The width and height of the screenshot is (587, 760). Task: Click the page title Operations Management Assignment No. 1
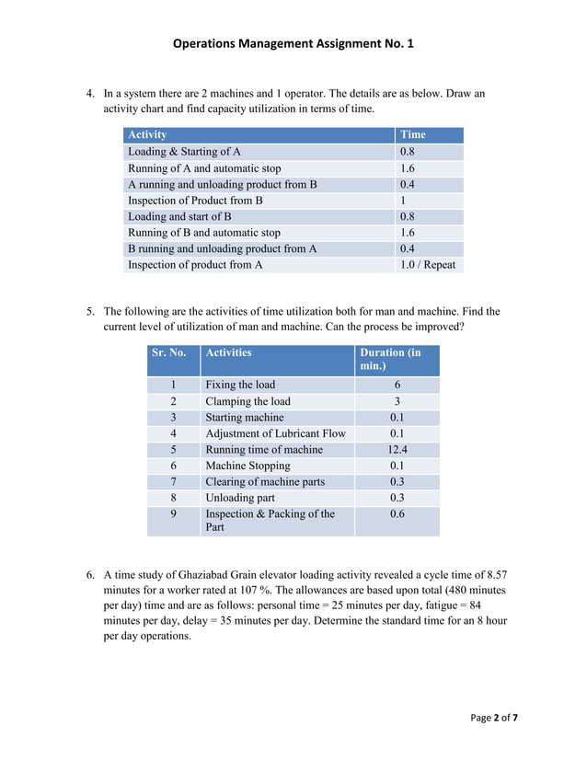(x=293, y=43)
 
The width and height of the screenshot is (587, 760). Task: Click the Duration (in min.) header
(x=396, y=360)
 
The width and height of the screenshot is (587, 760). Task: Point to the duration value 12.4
(x=397, y=450)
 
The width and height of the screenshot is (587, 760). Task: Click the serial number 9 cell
(x=173, y=514)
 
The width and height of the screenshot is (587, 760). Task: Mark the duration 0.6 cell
(x=397, y=514)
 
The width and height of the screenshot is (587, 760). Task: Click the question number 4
(x=90, y=94)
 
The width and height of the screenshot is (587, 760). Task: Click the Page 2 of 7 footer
(x=494, y=718)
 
